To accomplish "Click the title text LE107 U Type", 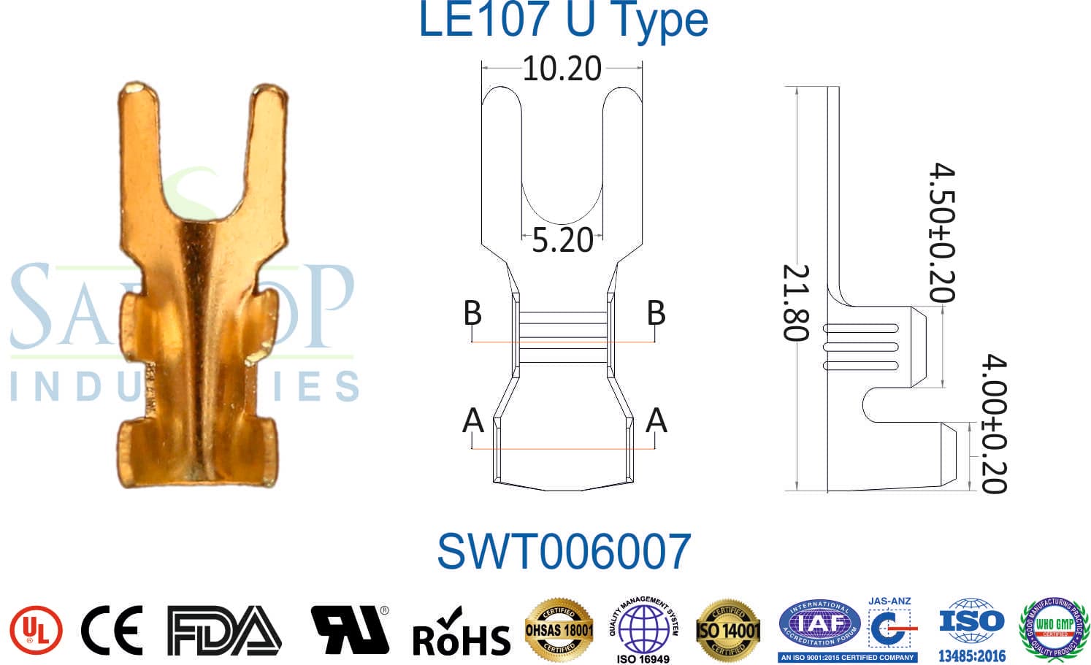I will coord(562,20).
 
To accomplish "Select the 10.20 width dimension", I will coord(562,69).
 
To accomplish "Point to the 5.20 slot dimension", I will coord(562,240).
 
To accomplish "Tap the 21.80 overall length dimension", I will coord(795,302).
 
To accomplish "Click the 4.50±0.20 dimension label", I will coord(942,233).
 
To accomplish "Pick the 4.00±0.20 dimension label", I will coord(993,424).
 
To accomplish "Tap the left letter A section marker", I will coord(473,420).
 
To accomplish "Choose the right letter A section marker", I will coord(656,420).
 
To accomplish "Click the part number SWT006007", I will coord(564,551).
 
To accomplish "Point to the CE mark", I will coord(112,630).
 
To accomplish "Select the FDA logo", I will coord(223,630).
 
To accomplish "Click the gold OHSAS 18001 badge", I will coord(559,629).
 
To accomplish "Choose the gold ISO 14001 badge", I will coord(728,629).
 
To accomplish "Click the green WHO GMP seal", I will coord(1054,629).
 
